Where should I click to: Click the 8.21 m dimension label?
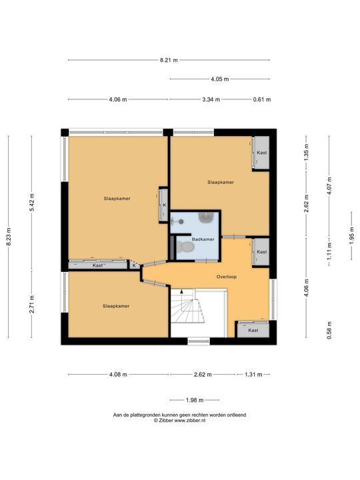click(x=169, y=60)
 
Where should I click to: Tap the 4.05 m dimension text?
click(x=220, y=79)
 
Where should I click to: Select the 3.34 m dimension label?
click(x=211, y=99)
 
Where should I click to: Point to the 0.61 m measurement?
click(x=262, y=99)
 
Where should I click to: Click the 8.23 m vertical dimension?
click(x=9, y=237)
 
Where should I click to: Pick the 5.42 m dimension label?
click(x=31, y=203)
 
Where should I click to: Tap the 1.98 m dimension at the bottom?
click(x=195, y=400)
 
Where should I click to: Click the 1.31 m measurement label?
click(x=253, y=375)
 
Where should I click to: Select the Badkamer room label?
click(x=203, y=239)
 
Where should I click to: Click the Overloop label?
click(x=227, y=277)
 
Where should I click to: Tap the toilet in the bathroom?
click(x=185, y=247)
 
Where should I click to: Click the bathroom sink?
click(x=206, y=217)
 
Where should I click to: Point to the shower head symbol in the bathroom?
click(x=181, y=221)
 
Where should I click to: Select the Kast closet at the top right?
click(x=261, y=153)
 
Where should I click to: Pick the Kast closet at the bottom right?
click(x=253, y=330)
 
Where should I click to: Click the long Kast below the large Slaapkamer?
click(x=97, y=265)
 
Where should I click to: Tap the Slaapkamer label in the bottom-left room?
click(x=116, y=306)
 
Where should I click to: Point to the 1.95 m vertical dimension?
click(x=351, y=235)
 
